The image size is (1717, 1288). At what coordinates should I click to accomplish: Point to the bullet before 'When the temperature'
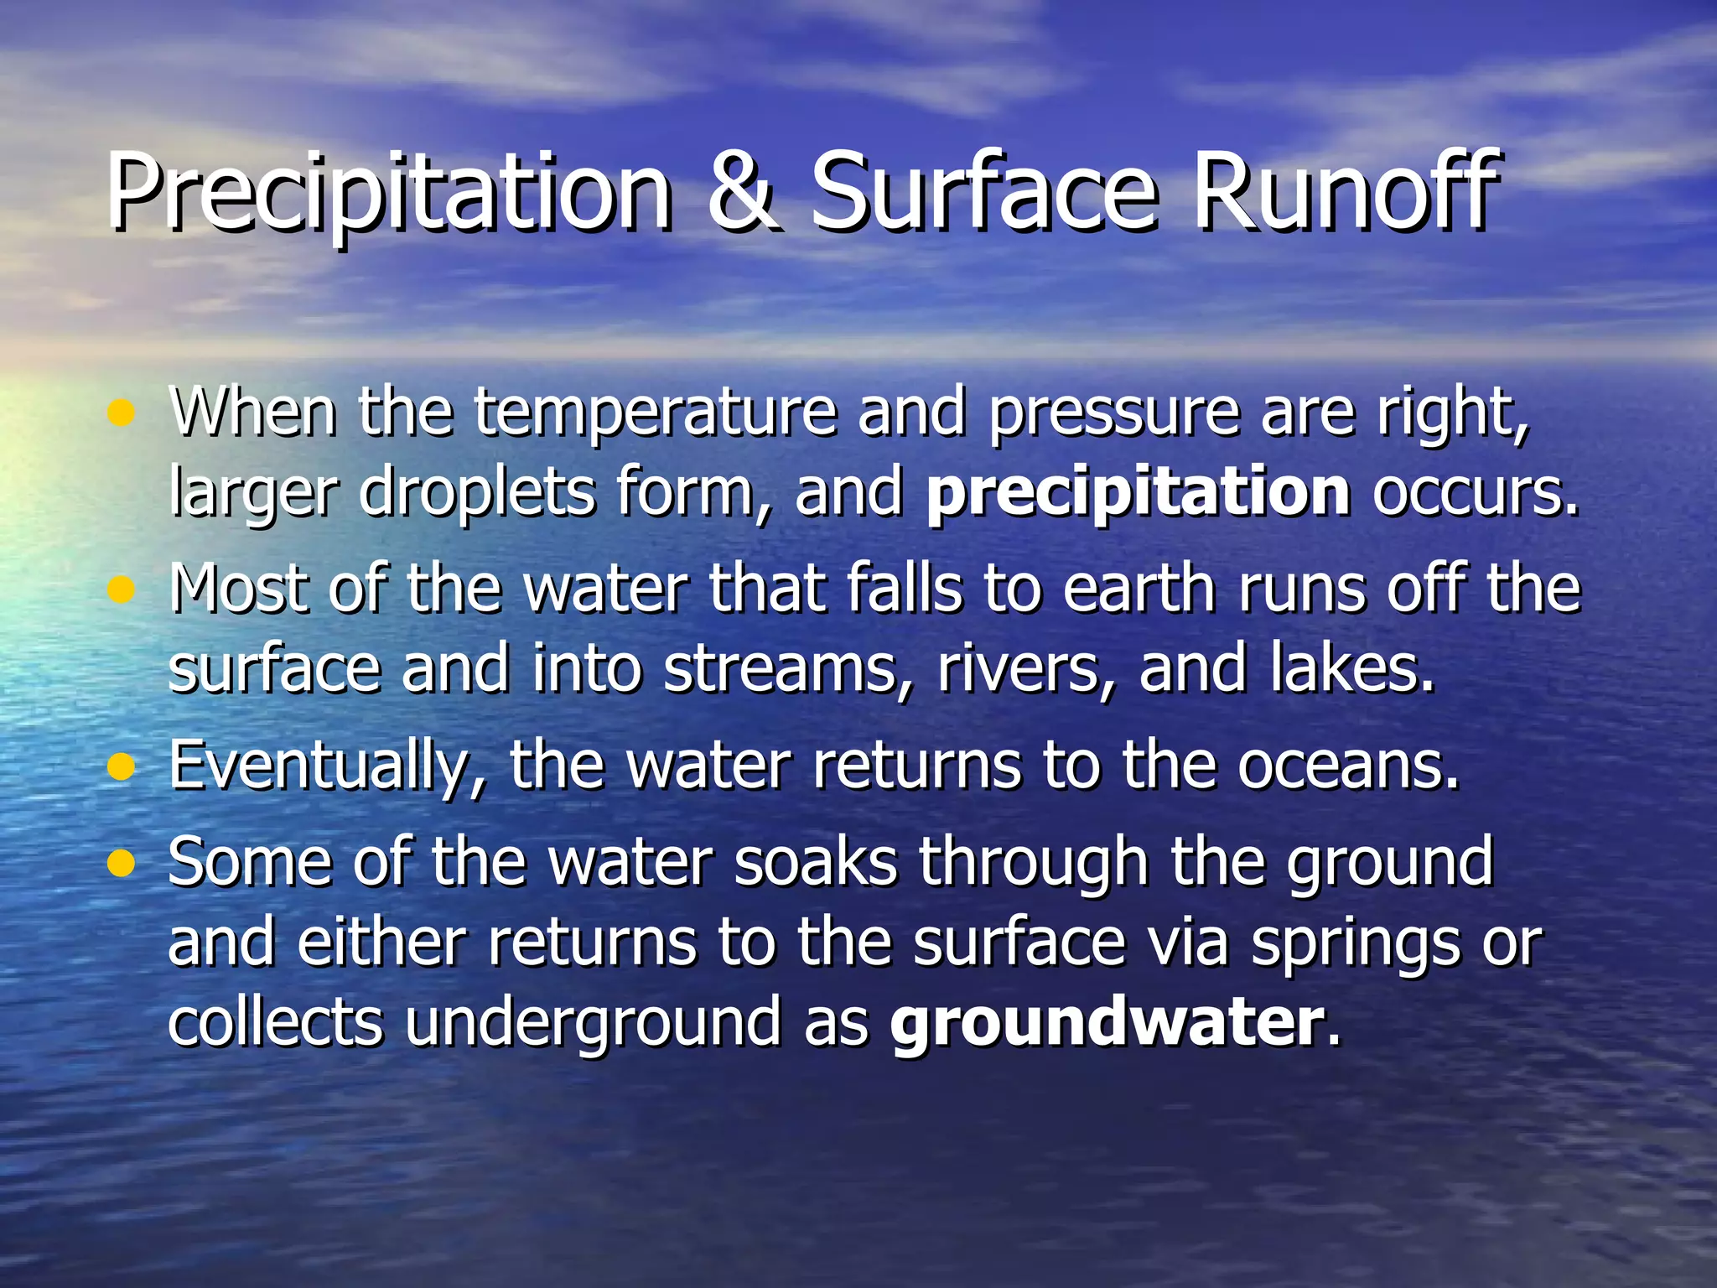tap(122, 413)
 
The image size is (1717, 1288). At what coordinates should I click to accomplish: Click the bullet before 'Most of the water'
tap(122, 590)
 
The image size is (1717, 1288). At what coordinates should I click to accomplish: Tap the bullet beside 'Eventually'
tap(122, 766)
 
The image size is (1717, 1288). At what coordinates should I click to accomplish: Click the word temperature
tap(655, 414)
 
